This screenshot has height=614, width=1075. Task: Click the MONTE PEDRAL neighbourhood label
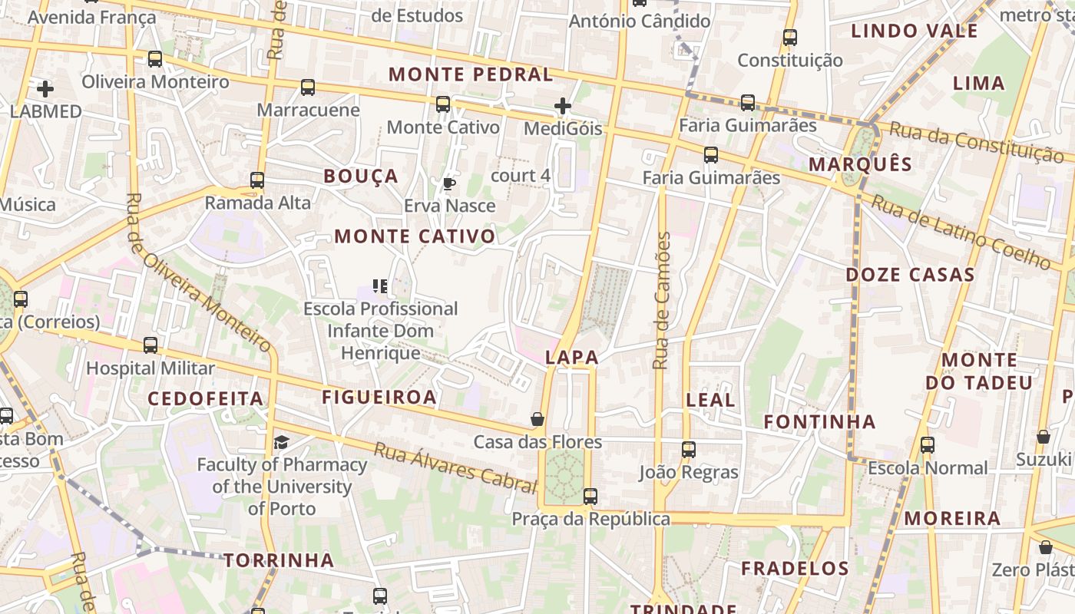(471, 74)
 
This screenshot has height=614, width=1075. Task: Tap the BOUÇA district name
(361, 177)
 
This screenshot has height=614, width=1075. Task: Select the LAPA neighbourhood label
(572, 357)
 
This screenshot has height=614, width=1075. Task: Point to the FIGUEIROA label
(379, 397)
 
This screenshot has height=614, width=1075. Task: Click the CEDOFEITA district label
(205, 398)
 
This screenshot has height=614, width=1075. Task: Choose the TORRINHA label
(279, 560)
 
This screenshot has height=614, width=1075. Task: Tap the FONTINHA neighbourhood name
(819, 421)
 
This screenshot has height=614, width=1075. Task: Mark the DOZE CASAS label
(911, 275)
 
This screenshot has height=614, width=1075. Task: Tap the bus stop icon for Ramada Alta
(257, 180)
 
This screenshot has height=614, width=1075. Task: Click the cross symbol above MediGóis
(563, 106)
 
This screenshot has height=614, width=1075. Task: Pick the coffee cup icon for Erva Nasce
(449, 183)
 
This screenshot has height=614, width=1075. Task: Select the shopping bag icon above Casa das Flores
(537, 419)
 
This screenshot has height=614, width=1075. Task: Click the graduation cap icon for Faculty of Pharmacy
(281, 442)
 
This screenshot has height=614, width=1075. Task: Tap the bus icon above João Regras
(689, 449)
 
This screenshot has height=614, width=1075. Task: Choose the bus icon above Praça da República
(590, 496)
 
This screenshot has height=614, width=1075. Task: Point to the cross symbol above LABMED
(45, 88)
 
